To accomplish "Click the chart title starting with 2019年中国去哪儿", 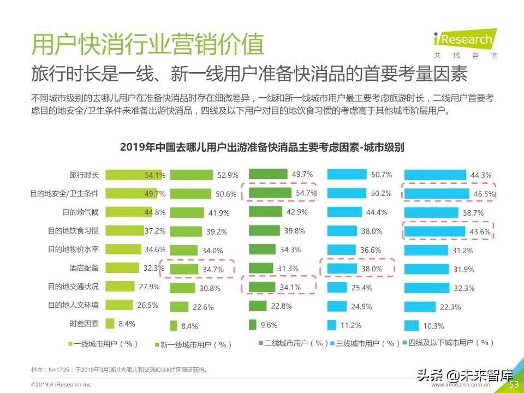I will (261, 147).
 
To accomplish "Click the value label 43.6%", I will (481, 231).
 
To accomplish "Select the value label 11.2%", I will (350, 325).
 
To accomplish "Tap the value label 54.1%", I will (154, 175).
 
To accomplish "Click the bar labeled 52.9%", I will (191, 175).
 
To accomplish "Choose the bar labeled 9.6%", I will (252, 325).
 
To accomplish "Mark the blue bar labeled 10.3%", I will (411, 325).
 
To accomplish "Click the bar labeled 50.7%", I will (347, 175).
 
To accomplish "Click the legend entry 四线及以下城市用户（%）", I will (448, 343).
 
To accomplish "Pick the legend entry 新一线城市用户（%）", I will (194, 344).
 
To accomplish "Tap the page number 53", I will (514, 385).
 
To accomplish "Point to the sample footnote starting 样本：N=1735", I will (120, 370).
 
